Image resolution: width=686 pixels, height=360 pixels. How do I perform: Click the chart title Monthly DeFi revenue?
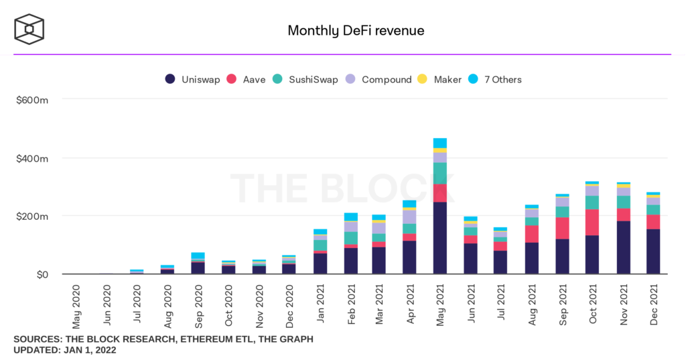pyautogui.click(x=356, y=31)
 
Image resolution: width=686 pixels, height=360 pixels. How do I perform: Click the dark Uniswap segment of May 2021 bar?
pyautogui.click(x=440, y=238)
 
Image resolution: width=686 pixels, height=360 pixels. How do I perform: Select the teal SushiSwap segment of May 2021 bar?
pyautogui.click(x=440, y=173)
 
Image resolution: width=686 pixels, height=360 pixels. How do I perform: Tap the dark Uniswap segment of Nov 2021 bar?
pyautogui.click(x=623, y=247)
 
